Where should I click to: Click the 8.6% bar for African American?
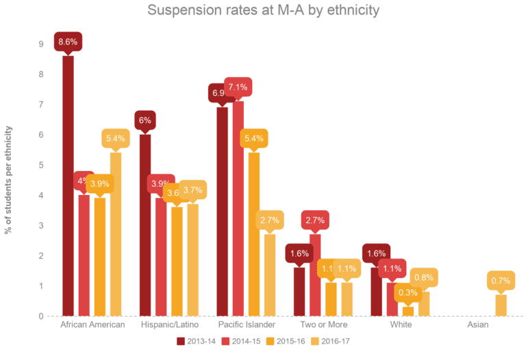[x=68, y=185]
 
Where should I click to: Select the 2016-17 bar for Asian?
[x=501, y=305]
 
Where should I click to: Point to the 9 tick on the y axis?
[x=42, y=44]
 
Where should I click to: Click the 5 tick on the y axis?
[x=42, y=165]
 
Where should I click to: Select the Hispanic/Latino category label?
[x=170, y=324]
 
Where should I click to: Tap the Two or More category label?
[x=325, y=324]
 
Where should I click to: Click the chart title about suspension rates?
[x=263, y=11]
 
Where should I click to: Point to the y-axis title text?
[x=9, y=179]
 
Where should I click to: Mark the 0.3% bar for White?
[x=408, y=311]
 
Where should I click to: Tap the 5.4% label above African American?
[x=115, y=139]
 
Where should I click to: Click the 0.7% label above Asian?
[x=501, y=281]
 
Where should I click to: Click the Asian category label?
[x=478, y=324]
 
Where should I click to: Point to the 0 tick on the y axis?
[x=42, y=316]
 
